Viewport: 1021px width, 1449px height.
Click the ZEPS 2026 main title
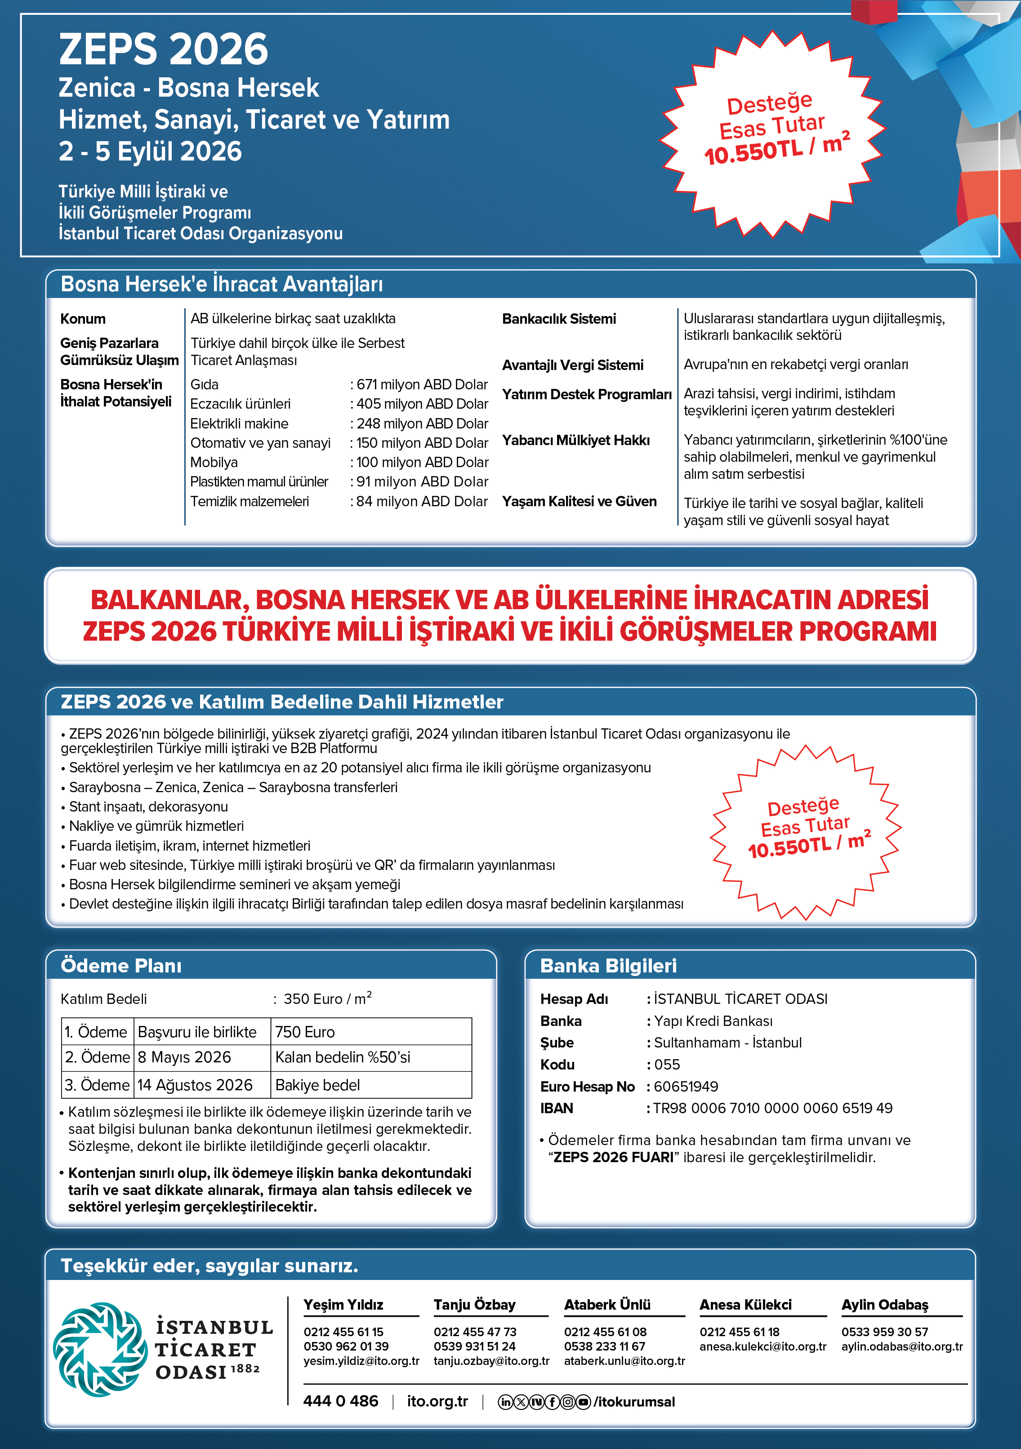click(164, 50)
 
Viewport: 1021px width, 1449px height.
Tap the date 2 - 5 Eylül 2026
click(150, 152)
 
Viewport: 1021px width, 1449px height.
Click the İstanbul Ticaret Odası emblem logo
click(100, 1349)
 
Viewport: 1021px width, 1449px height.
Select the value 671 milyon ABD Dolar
click(422, 384)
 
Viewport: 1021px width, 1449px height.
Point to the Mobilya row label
click(214, 462)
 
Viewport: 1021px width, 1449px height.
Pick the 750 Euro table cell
click(305, 1032)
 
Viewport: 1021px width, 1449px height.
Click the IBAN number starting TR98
click(772, 1108)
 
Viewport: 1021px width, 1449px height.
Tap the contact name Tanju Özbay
click(474, 1305)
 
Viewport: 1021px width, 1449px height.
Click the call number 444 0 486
click(341, 1401)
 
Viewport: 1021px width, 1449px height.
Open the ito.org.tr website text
click(437, 1401)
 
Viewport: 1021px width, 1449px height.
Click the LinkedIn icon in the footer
click(505, 1402)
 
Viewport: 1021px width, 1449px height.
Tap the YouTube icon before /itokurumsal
click(583, 1402)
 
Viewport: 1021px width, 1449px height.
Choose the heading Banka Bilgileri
click(608, 966)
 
